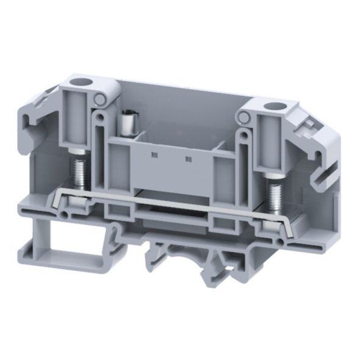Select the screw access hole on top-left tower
click(x=77, y=81)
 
